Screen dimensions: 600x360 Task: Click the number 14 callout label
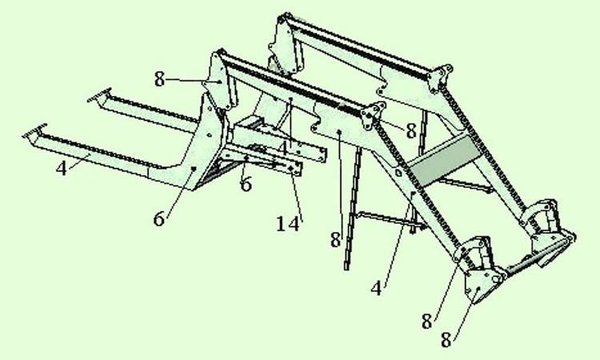pyautogui.click(x=287, y=224)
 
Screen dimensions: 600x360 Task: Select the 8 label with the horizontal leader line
pyautogui.click(x=159, y=80)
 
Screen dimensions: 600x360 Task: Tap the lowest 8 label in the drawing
pyautogui.click(x=446, y=340)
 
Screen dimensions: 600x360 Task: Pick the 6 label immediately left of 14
pyautogui.click(x=246, y=184)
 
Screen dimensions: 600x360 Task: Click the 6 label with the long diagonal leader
pyautogui.click(x=159, y=219)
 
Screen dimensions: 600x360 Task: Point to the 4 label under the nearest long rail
pyautogui.click(x=62, y=168)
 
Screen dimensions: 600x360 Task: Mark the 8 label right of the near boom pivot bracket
pyautogui.click(x=411, y=131)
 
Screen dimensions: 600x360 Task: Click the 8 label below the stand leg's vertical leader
pyautogui.click(x=335, y=241)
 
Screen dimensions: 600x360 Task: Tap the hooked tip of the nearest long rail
pyautogui.click(x=34, y=131)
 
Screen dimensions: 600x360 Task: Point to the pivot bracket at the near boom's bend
pyautogui.click(x=370, y=117)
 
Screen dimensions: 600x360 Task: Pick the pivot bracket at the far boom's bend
pyautogui.click(x=440, y=78)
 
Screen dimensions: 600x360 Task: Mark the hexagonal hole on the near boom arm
pyautogui.click(x=398, y=173)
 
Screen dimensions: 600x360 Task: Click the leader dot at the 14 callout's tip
pyautogui.click(x=291, y=169)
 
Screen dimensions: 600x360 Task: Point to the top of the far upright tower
pyautogui.click(x=284, y=18)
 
